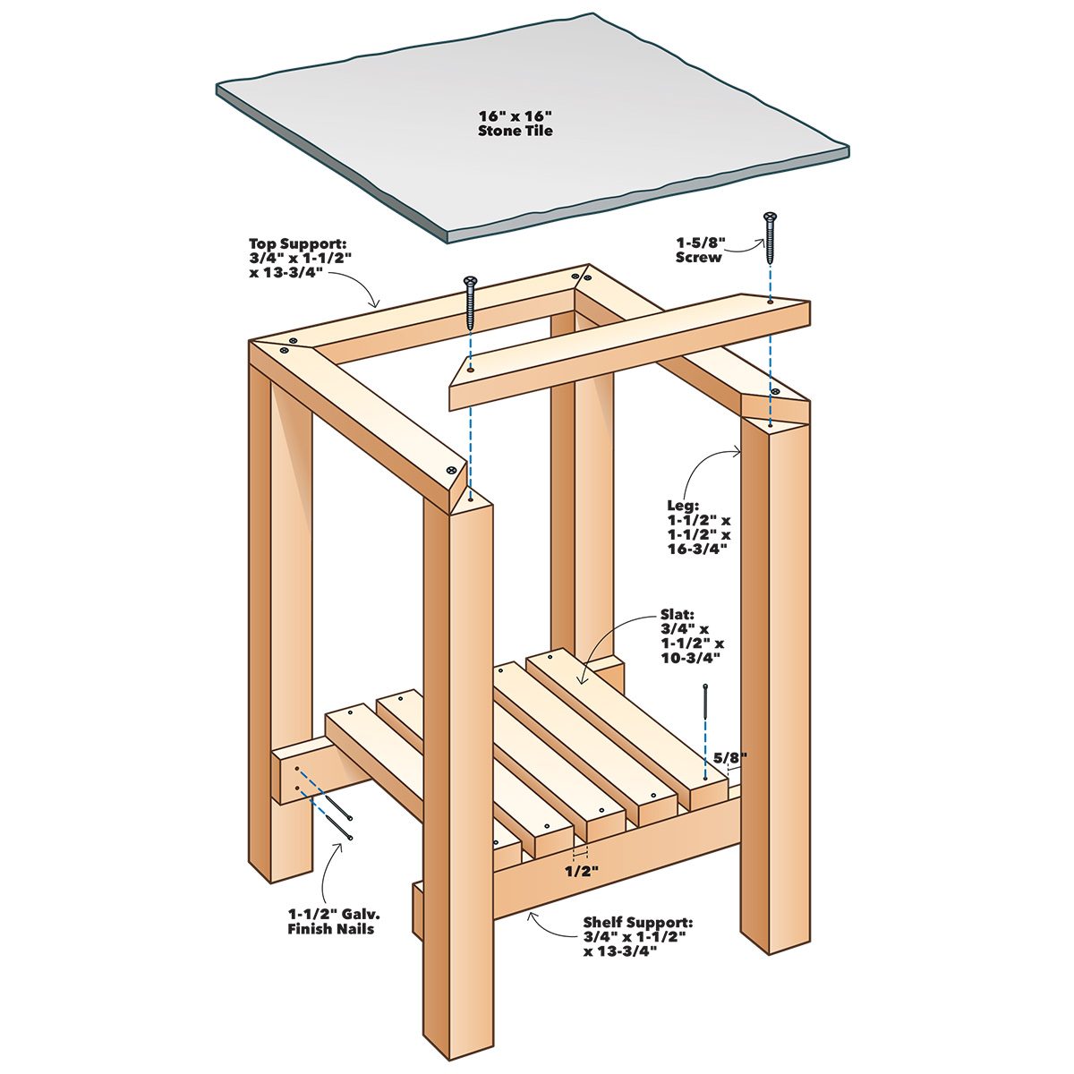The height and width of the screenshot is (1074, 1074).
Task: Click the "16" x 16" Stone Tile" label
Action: (x=516, y=124)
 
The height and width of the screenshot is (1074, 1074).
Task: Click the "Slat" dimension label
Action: (x=691, y=644)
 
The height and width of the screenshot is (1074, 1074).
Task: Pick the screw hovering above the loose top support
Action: (x=470, y=303)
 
